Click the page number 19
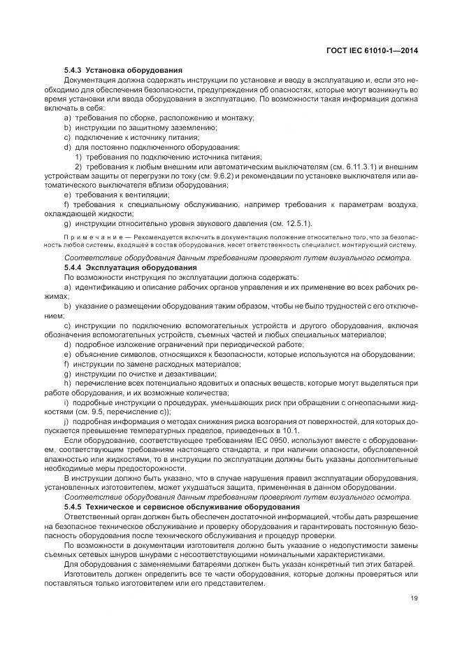coord(413,598)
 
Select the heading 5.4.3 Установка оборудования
coord(123,71)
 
